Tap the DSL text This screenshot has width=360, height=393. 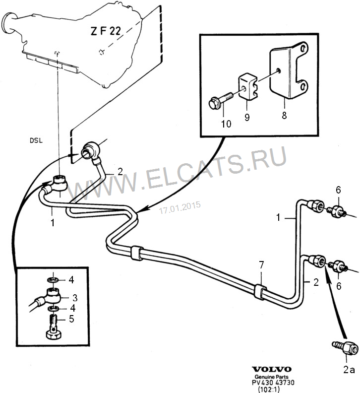click(x=36, y=140)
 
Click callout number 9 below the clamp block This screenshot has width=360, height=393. click(x=246, y=118)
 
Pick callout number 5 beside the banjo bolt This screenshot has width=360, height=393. click(x=71, y=319)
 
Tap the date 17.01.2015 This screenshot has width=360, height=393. click(x=180, y=207)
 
